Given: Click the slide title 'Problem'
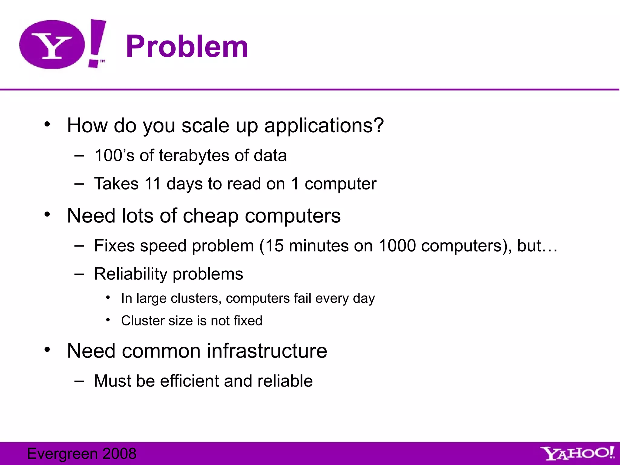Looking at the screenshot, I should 187,46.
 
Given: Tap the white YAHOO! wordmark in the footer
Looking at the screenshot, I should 577,453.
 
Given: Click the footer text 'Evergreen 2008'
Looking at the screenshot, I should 82,453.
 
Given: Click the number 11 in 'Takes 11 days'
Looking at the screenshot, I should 153,184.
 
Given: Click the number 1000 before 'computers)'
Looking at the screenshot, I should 397,246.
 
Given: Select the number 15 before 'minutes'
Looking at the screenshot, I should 275,246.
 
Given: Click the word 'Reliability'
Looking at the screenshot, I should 131,274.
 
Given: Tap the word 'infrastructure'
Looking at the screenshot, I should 267,351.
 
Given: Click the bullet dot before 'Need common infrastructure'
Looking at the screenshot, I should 47,350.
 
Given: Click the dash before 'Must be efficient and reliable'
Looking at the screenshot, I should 79,381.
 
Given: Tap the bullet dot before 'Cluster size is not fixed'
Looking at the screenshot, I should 108,320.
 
